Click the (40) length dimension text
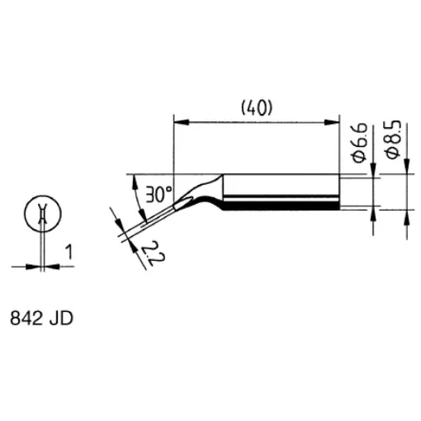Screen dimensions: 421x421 (257, 107)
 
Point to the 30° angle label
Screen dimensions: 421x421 (159, 196)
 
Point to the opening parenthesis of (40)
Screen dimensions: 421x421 (243, 107)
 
